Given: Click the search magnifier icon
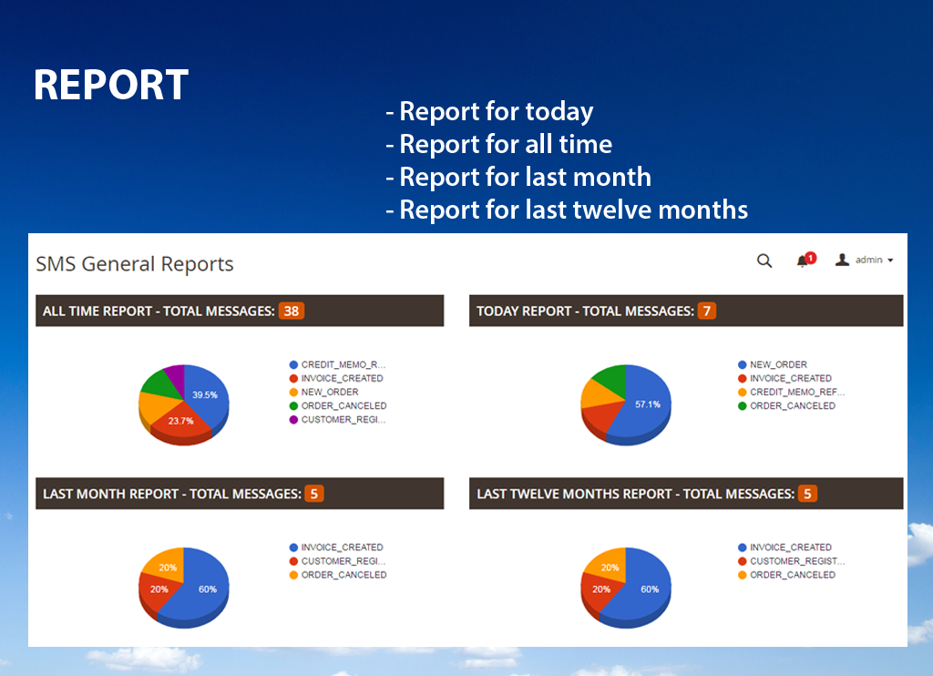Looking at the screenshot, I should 764,261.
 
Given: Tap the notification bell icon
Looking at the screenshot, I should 803,261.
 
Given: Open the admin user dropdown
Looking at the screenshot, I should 865,261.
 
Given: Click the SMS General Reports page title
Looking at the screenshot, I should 135,264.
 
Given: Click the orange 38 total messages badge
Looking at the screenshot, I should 291,311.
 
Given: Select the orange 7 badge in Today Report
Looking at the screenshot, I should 707,311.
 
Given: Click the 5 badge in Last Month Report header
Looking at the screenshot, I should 314,494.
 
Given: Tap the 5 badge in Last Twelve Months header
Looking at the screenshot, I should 806,494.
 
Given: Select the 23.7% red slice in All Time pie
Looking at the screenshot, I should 180,421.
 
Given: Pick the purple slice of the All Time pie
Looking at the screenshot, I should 174,374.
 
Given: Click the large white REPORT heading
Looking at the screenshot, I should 111,86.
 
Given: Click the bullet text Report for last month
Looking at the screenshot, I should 519,177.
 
